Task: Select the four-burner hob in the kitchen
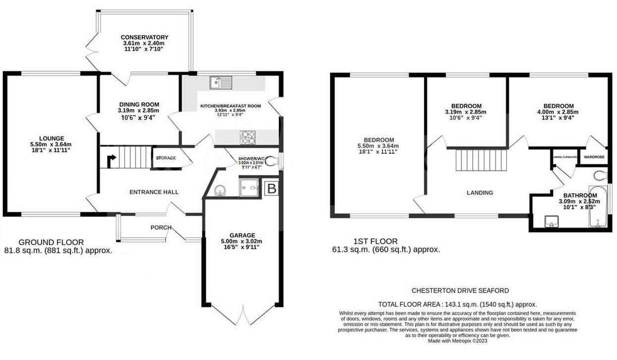248,136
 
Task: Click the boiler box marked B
271,188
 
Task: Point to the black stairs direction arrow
112,160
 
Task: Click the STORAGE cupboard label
166,158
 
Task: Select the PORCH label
161,228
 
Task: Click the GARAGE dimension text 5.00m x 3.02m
242,241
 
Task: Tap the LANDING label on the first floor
480,192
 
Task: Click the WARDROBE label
595,157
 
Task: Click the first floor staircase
482,160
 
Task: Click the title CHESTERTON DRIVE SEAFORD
460,291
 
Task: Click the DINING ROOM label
138,104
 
